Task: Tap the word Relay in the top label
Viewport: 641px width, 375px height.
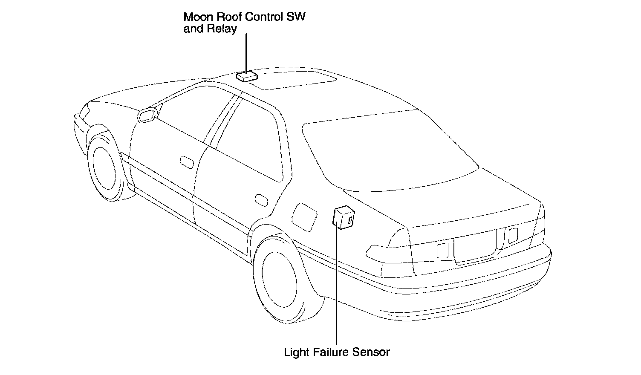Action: tap(222, 29)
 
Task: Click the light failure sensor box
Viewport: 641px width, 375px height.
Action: tap(344, 217)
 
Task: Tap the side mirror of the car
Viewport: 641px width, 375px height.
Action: tap(147, 115)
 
